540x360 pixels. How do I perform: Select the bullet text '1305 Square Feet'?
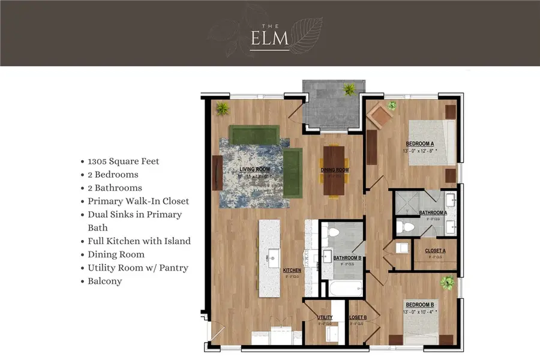pyautogui.click(x=123, y=161)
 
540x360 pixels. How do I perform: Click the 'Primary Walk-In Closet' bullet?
pyautogui.click(x=138, y=201)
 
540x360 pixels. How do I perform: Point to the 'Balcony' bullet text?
pyautogui.click(x=104, y=281)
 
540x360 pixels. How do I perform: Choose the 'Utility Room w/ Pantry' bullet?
pyautogui.click(x=137, y=268)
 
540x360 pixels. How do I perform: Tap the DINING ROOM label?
pyautogui.click(x=334, y=170)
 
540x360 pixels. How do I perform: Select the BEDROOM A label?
pyautogui.click(x=420, y=143)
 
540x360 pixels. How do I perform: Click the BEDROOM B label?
pyautogui.click(x=419, y=304)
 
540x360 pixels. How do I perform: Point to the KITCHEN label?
pyautogui.click(x=292, y=271)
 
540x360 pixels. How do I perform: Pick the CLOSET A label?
pyautogui.click(x=435, y=251)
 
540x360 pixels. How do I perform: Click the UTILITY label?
pyautogui.click(x=325, y=318)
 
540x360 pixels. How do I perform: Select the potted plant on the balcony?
pyautogui.click(x=349, y=89)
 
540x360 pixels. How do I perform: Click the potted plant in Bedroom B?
pyautogui.click(x=446, y=282)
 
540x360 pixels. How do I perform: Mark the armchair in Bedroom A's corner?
pyautogui.click(x=379, y=117)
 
